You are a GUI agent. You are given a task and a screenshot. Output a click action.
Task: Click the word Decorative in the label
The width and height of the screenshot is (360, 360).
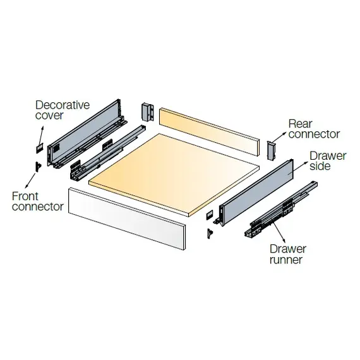pyautogui.click(x=63, y=105)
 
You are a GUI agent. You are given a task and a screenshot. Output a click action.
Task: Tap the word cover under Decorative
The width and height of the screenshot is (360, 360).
pyautogui.click(x=50, y=116)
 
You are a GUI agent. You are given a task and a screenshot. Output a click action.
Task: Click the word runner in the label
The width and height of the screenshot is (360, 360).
pyautogui.click(x=285, y=259)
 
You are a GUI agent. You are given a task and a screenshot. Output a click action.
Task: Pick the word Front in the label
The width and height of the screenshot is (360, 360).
pyautogui.click(x=25, y=196)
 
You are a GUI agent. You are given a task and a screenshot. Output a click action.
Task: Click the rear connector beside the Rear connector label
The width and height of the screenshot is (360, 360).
pyautogui.click(x=271, y=150)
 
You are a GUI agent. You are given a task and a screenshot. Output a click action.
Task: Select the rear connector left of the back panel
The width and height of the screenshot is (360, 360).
pyautogui.click(x=148, y=112)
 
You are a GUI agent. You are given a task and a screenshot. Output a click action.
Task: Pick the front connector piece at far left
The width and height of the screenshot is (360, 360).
pyautogui.click(x=38, y=165)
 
